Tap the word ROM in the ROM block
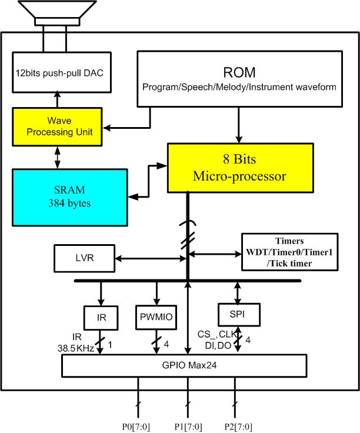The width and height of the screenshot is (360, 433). point(239,72)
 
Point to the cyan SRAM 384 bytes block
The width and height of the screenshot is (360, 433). point(70,197)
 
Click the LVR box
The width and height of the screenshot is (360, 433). point(84,258)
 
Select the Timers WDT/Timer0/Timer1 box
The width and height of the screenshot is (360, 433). point(290,252)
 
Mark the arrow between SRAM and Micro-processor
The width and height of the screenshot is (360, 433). point(148,182)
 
